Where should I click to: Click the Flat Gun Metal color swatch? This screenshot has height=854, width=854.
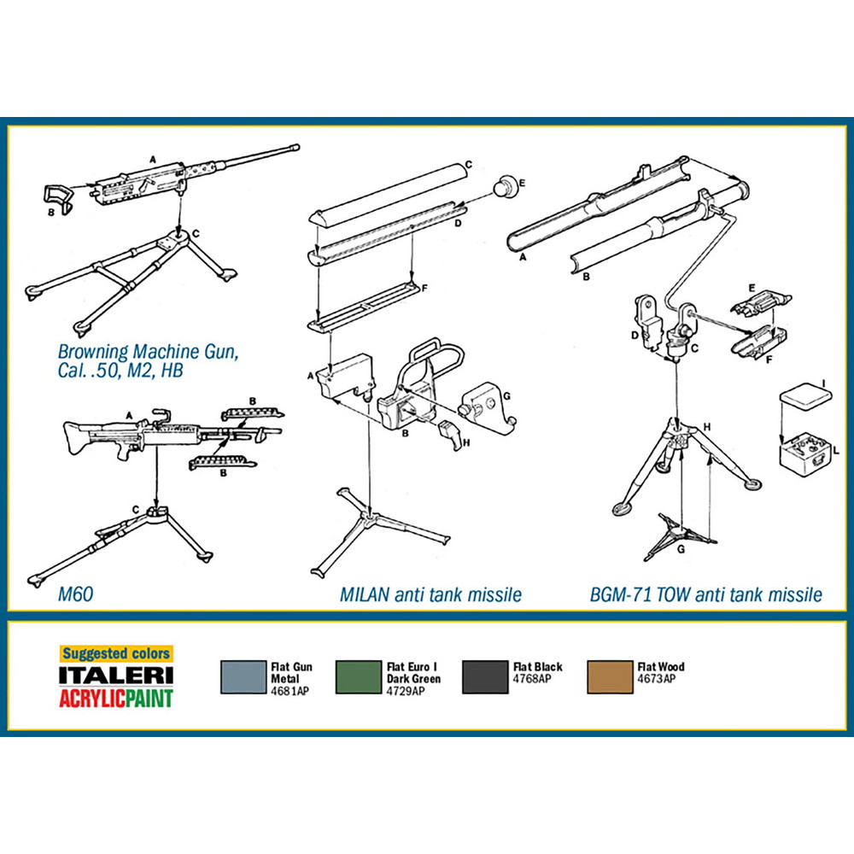(x=243, y=677)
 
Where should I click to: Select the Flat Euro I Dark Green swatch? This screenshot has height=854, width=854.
(x=359, y=677)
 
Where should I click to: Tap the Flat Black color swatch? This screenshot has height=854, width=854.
(x=485, y=677)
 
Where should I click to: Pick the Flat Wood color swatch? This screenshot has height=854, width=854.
(x=610, y=677)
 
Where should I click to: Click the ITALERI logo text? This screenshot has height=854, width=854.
(x=116, y=676)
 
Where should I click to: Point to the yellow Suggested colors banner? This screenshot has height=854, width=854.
(x=116, y=653)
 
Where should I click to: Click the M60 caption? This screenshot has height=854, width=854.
(x=75, y=594)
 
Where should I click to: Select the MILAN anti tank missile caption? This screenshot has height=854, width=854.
(x=430, y=594)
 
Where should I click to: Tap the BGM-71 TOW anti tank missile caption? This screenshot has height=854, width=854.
(x=706, y=594)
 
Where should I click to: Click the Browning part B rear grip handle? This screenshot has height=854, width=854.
(x=57, y=197)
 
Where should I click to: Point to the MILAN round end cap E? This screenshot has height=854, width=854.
(x=506, y=187)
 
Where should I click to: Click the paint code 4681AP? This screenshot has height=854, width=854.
(x=290, y=691)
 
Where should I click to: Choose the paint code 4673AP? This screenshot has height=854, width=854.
(x=656, y=679)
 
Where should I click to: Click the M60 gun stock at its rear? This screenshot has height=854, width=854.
(x=76, y=436)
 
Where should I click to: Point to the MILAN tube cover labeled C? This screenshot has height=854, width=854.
(x=388, y=193)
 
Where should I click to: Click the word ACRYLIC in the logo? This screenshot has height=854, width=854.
(x=92, y=699)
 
